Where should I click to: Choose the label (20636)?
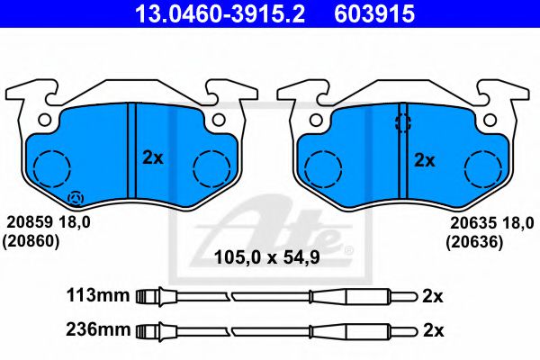point(472,241)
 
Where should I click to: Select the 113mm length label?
point(97,295)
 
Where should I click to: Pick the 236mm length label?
point(97,330)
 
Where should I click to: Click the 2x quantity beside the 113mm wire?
point(433,295)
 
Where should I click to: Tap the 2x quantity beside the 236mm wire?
point(433,330)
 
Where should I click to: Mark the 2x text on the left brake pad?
point(153,157)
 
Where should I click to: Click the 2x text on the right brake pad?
point(424,161)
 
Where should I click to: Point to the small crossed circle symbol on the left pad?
point(76,198)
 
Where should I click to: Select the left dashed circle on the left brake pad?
point(51,167)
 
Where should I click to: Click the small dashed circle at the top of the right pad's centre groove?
point(402,123)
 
